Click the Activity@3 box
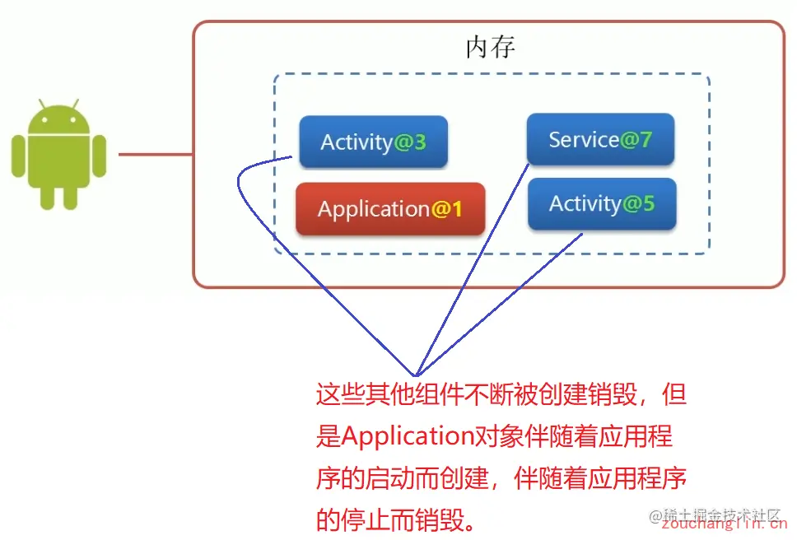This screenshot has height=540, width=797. tap(373, 142)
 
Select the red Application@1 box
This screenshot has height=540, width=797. tap(390, 209)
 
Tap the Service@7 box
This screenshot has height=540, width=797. tap(600, 140)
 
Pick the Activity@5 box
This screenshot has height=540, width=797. tap(601, 203)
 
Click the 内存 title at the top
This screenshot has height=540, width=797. tap(490, 48)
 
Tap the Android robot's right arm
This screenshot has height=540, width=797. tap(99, 156)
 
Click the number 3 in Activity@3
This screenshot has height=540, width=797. tap(420, 142)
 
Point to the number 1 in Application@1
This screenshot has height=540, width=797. tap(456, 210)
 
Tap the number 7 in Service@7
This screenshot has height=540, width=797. tap(646, 140)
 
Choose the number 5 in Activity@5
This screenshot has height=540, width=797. tap(648, 203)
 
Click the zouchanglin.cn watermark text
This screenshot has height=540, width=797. tap(724, 524)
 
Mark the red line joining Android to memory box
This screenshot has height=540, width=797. tap(156, 154)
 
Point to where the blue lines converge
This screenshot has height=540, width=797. tap(417, 372)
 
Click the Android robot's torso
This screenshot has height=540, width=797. tap(58, 161)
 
